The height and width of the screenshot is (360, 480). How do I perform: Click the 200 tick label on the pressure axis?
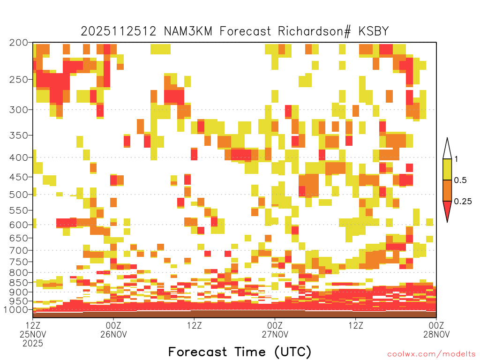tap(18, 43)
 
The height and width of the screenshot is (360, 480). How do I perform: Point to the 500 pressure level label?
tap(18, 195)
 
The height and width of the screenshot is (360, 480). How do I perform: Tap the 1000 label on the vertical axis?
tap(15, 310)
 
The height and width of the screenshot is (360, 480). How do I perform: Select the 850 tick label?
tap(18, 283)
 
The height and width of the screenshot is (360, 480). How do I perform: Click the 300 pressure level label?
tap(18, 110)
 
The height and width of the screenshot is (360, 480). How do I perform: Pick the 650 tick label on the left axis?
tap(18, 238)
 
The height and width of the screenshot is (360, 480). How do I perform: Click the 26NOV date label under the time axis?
tap(113, 334)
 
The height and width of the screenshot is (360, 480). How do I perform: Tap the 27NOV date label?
tap(275, 334)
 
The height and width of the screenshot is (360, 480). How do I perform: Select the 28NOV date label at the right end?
tap(436, 334)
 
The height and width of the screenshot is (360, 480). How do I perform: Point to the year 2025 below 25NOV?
tap(33, 344)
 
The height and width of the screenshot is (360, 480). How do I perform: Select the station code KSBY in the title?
tap(374, 31)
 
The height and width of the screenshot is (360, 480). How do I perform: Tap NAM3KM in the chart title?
tap(188, 31)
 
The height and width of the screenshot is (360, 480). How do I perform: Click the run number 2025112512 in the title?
tap(119, 31)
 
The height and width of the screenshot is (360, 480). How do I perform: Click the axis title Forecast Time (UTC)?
tap(240, 352)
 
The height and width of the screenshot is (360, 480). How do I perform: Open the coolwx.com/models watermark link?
tap(432, 354)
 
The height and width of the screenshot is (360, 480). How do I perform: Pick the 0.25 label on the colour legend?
tap(463, 202)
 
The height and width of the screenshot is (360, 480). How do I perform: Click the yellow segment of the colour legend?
tap(447, 169)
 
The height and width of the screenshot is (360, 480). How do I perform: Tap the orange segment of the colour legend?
tap(447, 190)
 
